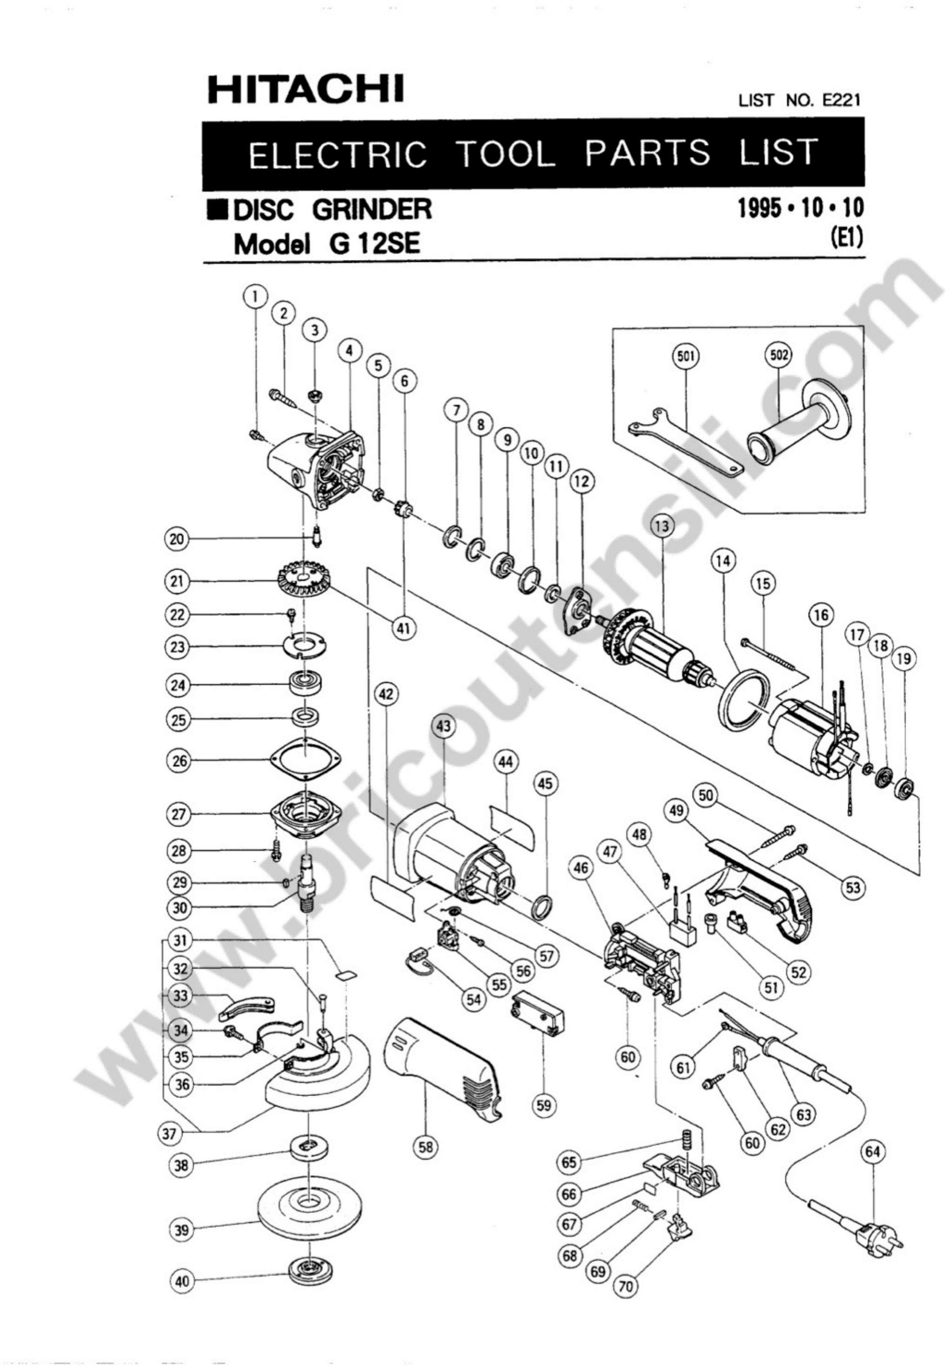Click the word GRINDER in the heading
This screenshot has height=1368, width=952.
(x=372, y=209)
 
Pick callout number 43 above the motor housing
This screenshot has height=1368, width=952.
(x=443, y=726)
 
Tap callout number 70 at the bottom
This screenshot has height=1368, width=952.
(x=625, y=1286)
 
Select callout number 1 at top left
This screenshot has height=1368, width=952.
(x=256, y=296)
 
